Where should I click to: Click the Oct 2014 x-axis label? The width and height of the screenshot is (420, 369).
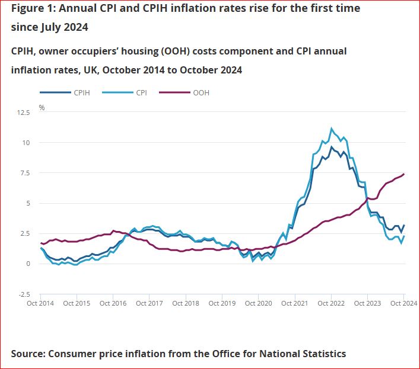pos(40,303)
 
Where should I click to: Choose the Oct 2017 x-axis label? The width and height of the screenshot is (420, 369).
pos(149,303)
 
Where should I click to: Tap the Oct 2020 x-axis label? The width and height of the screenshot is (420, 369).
pos(258,303)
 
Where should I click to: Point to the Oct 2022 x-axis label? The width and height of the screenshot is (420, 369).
pos(331,303)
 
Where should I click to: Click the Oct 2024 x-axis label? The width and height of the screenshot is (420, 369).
pos(403,303)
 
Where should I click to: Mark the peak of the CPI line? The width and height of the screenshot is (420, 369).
pos(332,129)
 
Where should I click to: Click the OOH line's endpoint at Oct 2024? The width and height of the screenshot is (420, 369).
pos(404,174)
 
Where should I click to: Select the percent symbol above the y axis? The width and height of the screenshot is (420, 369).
pos(42,107)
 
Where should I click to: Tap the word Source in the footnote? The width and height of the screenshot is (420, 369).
pos(29,354)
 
